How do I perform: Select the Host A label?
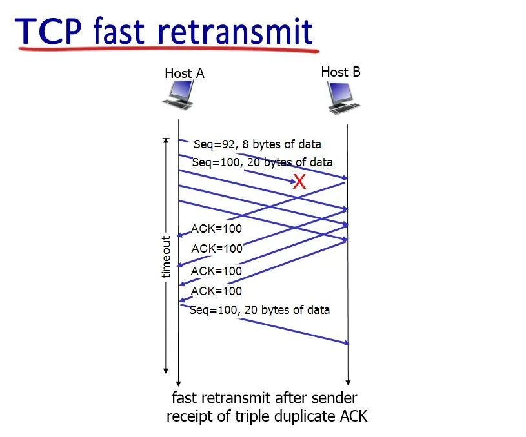(185, 73)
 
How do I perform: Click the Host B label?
(341, 72)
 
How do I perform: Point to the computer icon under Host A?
(177, 96)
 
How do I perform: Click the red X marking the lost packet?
(299, 182)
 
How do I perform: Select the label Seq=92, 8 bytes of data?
(258, 144)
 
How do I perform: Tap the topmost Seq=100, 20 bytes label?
(262, 162)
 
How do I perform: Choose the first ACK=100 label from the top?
(217, 228)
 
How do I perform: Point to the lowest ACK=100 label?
(217, 291)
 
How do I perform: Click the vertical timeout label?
(167, 257)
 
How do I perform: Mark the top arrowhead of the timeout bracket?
(166, 140)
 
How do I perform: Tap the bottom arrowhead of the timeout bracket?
(166, 370)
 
